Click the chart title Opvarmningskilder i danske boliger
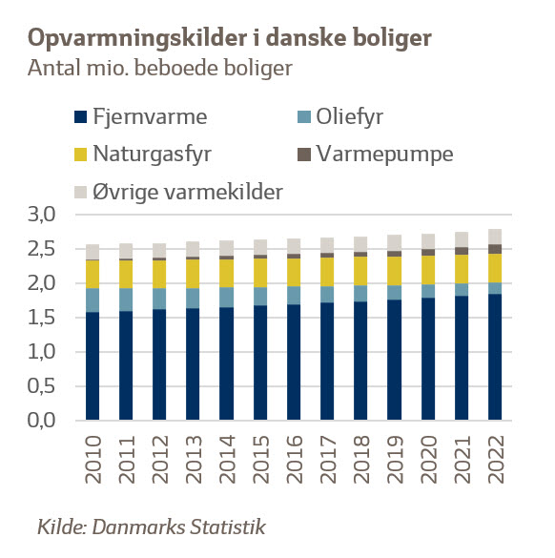tap(230, 38)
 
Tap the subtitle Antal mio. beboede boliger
tap(160, 68)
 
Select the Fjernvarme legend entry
tap(141, 116)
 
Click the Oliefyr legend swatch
tap(304, 116)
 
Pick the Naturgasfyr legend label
tap(153, 155)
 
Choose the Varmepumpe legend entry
tap(376, 155)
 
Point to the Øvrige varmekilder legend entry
tap(178, 192)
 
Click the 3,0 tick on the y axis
tap(42, 215)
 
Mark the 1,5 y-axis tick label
tap(42, 318)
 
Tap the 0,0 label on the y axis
tap(42, 421)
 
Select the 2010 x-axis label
tap(92, 459)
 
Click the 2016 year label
tap(294, 459)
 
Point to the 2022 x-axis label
tap(495, 459)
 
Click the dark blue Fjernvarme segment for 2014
tap(226, 363)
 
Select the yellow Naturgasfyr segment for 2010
tap(92, 275)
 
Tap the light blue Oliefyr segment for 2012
tap(159, 299)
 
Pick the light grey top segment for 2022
tap(495, 237)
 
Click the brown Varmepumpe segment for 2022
tap(495, 249)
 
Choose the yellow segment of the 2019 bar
tap(394, 271)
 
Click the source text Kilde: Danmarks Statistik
tap(152, 527)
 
